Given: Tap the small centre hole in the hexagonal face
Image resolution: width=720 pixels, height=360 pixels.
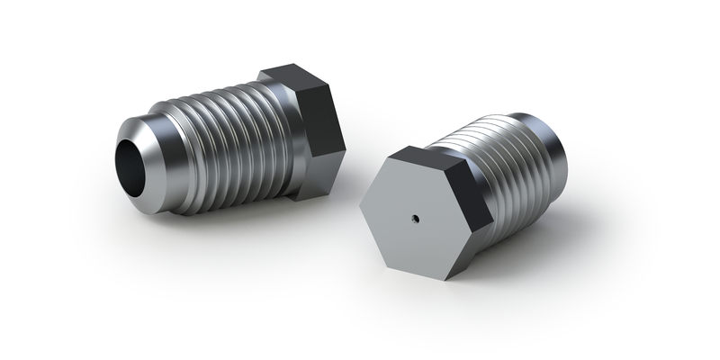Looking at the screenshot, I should [415, 216].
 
